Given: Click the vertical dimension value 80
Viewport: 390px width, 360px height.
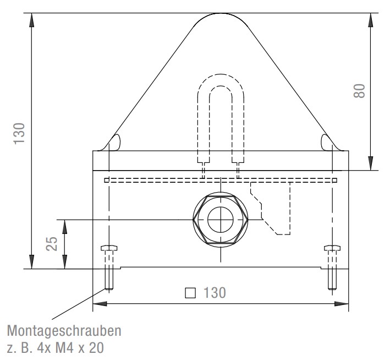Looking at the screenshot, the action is point(359,91).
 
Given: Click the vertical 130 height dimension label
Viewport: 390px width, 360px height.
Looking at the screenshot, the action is point(19,133).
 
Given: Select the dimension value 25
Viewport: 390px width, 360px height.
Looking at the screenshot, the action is point(52,243).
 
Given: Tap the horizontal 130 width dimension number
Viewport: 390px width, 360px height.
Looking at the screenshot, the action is point(215,292).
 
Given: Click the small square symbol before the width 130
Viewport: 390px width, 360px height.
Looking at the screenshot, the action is point(190,293).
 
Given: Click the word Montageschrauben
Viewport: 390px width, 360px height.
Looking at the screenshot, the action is point(64,331).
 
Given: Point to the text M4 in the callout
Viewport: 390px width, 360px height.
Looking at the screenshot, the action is point(64,348).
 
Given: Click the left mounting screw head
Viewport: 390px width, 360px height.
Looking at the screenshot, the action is point(109,248).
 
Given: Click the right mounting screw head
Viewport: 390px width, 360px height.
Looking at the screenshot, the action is point(332,248).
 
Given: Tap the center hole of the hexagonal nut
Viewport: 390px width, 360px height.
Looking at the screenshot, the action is point(221,220).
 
